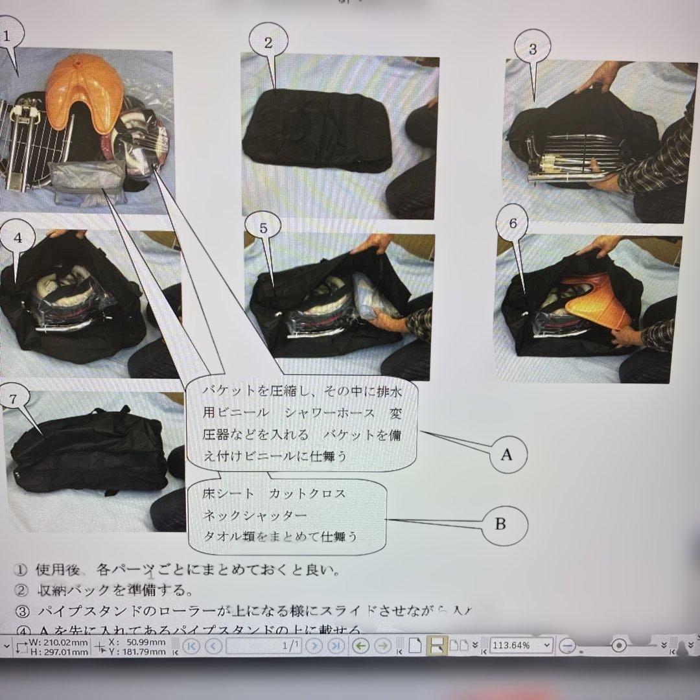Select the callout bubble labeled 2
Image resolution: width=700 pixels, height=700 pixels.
(x=268, y=43)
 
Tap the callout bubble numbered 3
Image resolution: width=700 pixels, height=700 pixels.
(x=532, y=49)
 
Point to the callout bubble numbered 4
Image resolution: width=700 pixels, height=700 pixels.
(x=18, y=238)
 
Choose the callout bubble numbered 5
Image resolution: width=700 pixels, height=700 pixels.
(x=262, y=228)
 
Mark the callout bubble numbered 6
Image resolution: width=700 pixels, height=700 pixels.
(x=512, y=224)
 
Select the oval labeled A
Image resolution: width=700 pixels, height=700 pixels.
(x=506, y=454)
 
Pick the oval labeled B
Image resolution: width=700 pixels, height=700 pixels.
(x=500, y=524)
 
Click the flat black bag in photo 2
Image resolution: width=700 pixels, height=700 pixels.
(x=318, y=131)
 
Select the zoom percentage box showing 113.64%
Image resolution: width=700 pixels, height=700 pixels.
(x=521, y=645)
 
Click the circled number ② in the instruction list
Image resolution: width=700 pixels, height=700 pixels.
(x=21, y=590)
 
